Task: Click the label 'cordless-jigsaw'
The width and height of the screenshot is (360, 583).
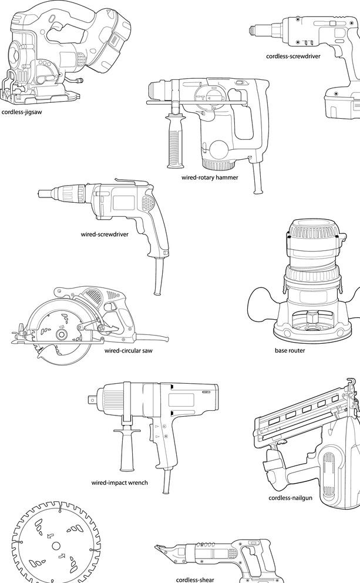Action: tap(22, 111)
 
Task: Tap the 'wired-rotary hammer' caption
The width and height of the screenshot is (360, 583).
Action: tap(210, 177)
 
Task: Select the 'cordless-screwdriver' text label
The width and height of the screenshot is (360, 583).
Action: tap(292, 56)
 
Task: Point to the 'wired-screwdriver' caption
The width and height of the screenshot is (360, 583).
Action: tap(105, 233)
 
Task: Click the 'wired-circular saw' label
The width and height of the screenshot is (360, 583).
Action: tap(129, 351)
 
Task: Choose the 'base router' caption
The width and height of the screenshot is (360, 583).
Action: tap(290, 351)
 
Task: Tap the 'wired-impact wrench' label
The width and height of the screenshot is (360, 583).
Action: tap(119, 483)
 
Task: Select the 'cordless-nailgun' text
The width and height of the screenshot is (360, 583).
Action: tap(290, 498)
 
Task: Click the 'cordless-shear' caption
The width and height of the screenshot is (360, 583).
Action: tap(195, 579)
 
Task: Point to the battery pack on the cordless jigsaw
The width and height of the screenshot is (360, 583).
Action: tap(115, 41)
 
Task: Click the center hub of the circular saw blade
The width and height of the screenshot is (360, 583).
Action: tap(60, 334)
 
